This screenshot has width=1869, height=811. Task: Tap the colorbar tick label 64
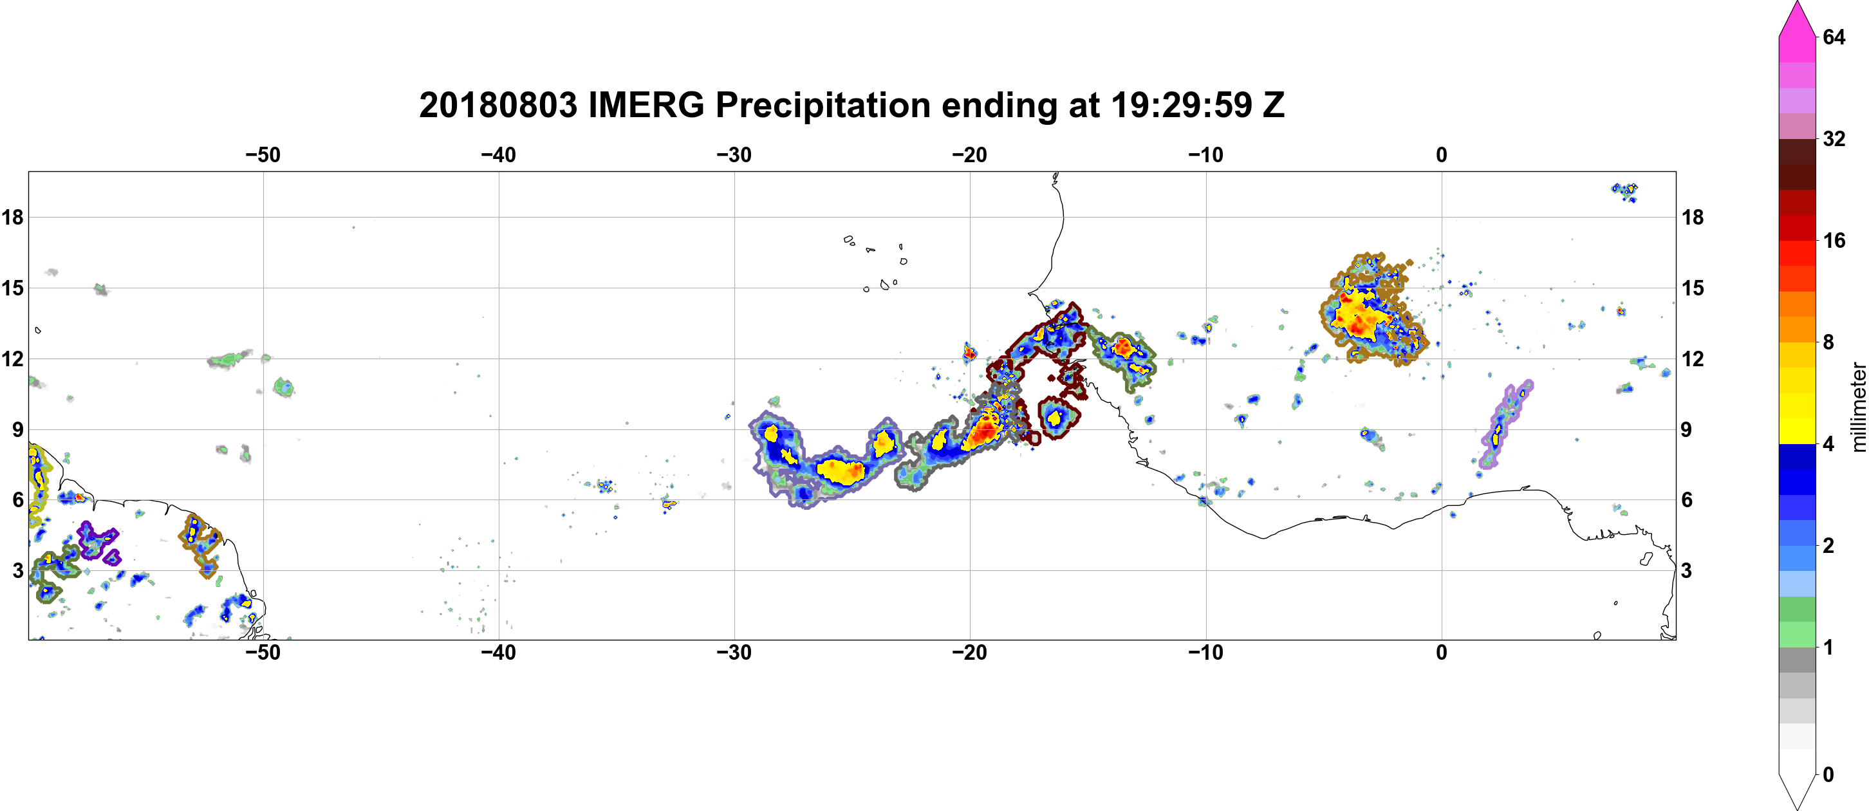pos(1835,37)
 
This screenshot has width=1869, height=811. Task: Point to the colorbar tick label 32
pos(1835,138)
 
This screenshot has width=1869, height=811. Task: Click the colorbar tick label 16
pos(1835,241)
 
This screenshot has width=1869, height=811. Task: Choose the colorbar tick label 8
pos(1828,342)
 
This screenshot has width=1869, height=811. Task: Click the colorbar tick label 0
pos(1828,775)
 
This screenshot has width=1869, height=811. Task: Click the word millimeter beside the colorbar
pos(1858,407)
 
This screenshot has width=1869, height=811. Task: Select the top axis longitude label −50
pos(263,155)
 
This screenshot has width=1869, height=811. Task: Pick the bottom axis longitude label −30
pos(734,653)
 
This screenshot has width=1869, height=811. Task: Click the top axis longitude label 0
pos(1442,155)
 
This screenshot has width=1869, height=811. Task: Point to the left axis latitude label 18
pos(12,217)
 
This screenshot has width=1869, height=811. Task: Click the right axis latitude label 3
pos(1686,571)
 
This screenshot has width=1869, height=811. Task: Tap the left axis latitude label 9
pos(18,430)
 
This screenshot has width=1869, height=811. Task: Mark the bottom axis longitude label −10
pos(1206,653)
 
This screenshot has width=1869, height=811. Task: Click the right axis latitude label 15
pos(1693,288)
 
